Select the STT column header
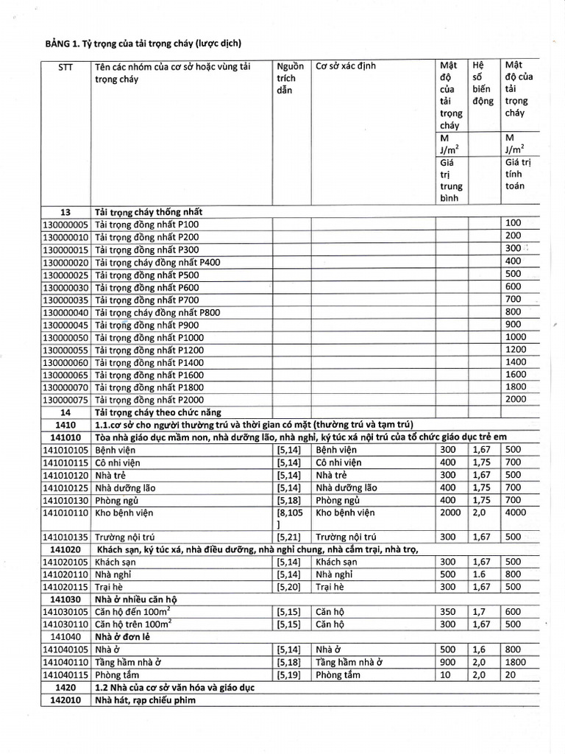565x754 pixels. (65, 66)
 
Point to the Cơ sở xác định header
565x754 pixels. (346, 66)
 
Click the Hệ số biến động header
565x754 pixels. (483, 83)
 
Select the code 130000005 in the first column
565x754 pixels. (65, 224)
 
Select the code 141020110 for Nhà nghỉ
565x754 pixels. (65, 574)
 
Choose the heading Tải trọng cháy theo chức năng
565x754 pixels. (158, 412)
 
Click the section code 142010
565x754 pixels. (65, 700)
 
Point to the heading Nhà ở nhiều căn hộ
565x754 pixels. (136, 599)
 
